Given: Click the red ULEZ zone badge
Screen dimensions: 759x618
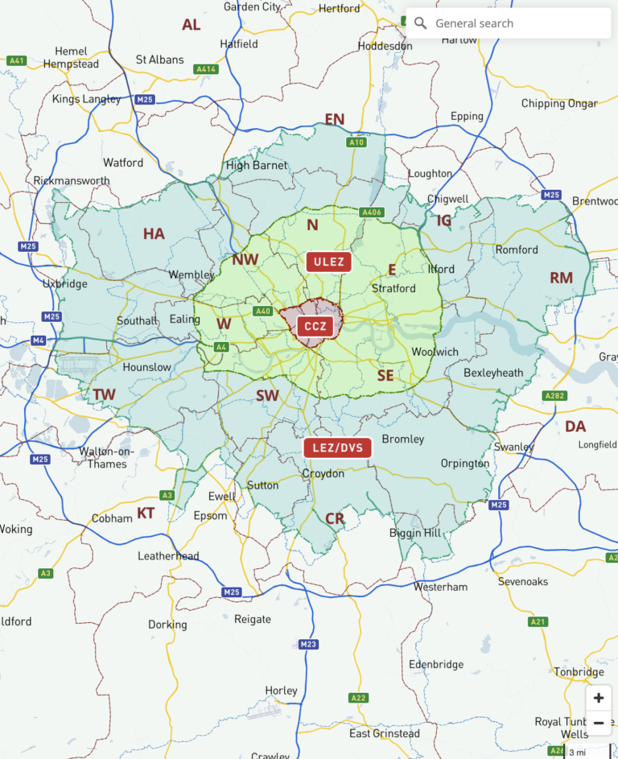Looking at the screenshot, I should tap(328, 262).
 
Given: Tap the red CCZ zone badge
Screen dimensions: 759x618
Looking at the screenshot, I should tap(314, 327).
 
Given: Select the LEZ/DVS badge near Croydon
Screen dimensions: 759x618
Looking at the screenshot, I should tap(337, 448).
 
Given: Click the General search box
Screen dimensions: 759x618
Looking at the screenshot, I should tap(509, 23).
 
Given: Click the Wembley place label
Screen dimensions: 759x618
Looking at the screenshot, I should tap(192, 274).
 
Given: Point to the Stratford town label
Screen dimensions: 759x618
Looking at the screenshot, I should tap(393, 288).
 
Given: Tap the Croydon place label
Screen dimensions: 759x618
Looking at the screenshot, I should tap(323, 474).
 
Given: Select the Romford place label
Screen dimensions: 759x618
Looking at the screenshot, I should tap(517, 250).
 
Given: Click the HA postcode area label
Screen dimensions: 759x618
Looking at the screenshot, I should tap(154, 234).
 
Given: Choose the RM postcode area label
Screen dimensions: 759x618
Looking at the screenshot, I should tap(561, 278).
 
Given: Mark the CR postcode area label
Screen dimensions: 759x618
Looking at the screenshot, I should tap(335, 519).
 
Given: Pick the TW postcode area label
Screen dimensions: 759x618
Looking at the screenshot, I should tap(104, 394).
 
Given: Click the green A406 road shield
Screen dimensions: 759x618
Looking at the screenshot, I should tap(371, 212).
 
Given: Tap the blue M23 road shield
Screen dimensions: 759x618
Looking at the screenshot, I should tap(308, 644).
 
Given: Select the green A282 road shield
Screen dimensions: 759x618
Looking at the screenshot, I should tap(554, 396).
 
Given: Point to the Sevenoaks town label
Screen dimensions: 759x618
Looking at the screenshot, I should tap(523, 581).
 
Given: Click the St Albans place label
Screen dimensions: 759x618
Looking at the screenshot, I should tap(159, 60).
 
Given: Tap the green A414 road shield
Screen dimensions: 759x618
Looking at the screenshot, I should tap(206, 69).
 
